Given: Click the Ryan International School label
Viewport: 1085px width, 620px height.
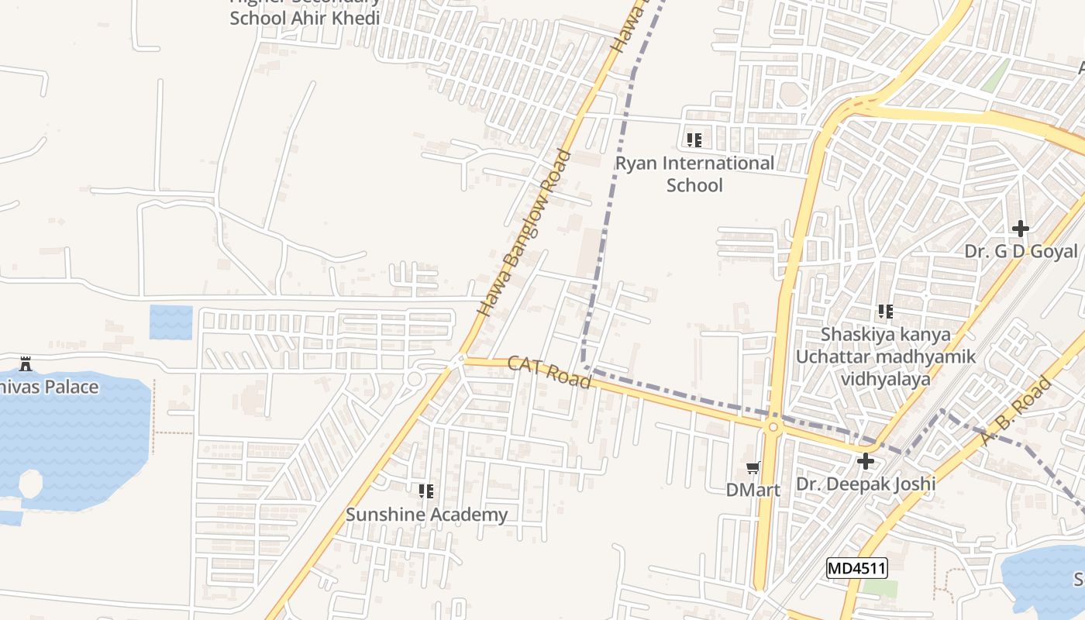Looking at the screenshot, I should pyautogui.click(x=694, y=174).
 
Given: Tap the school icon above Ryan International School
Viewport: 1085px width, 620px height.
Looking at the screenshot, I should pyautogui.click(x=694, y=140).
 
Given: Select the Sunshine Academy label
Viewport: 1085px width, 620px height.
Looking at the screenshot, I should pyautogui.click(x=426, y=515).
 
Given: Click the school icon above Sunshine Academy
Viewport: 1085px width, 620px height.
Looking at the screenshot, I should pyautogui.click(x=426, y=491).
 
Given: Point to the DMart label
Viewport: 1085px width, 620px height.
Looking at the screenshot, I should pyautogui.click(x=753, y=490).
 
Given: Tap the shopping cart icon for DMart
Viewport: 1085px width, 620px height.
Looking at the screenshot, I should pyautogui.click(x=753, y=467).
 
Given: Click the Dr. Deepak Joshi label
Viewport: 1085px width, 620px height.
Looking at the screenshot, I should pyautogui.click(x=866, y=484).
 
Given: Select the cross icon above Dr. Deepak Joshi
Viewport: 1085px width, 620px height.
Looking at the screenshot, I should pyautogui.click(x=866, y=462).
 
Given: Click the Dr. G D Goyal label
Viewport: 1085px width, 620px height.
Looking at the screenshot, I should pyautogui.click(x=1021, y=251).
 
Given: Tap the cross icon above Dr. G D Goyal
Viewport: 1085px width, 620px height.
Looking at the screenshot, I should pyautogui.click(x=1021, y=229).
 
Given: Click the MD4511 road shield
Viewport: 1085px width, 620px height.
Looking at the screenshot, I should pyautogui.click(x=856, y=568).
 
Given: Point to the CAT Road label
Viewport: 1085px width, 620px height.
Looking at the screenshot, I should pyautogui.click(x=549, y=372).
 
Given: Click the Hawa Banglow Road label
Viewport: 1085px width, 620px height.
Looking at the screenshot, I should pyautogui.click(x=524, y=232).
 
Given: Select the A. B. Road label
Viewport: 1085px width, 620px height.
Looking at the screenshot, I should pyautogui.click(x=1015, y=411).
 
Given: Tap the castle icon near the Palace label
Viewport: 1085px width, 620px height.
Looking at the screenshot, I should pyautogui.click(x=26, y=363).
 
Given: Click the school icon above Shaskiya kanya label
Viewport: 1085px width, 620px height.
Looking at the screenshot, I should pyautogui.click(x=885, y=312).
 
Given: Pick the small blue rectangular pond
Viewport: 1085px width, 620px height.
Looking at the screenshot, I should pyautogui.click(x=170, y=322).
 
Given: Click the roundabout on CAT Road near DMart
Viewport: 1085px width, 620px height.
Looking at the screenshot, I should pyautogui.click(x=773, y=427).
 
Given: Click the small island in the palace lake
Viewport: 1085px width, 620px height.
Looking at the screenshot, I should pyautogui.click(x=30, y=484).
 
